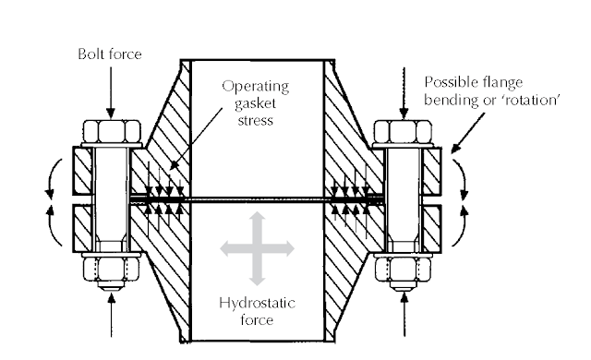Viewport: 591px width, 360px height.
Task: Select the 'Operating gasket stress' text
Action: [253, 102]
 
